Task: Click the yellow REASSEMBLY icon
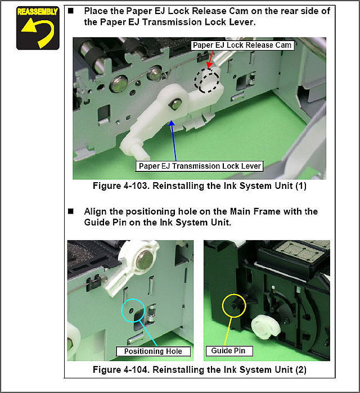click(x=38, y=28)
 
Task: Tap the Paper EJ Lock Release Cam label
click(x=242, y=46)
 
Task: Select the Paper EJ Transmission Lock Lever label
click(x=200, y=166)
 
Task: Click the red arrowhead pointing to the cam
click(x=209, y=65)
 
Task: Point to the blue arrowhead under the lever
click(x=172, y=124)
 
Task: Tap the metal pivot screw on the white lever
click(x=177, y=103)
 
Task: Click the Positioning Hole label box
click(x=153, y=351)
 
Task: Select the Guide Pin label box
click(x=229, y=351)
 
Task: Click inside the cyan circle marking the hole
click(x=133, y=310)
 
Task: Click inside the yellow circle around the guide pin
click(x=234, y=305)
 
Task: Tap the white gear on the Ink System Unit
click(x=265, y=327)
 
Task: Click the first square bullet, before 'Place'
click(x=71, y=11)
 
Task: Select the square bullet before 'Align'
click(x=71, y=211)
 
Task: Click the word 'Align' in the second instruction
click(x=95, y=212)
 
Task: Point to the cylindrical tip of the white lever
click(x=132, y=148)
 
